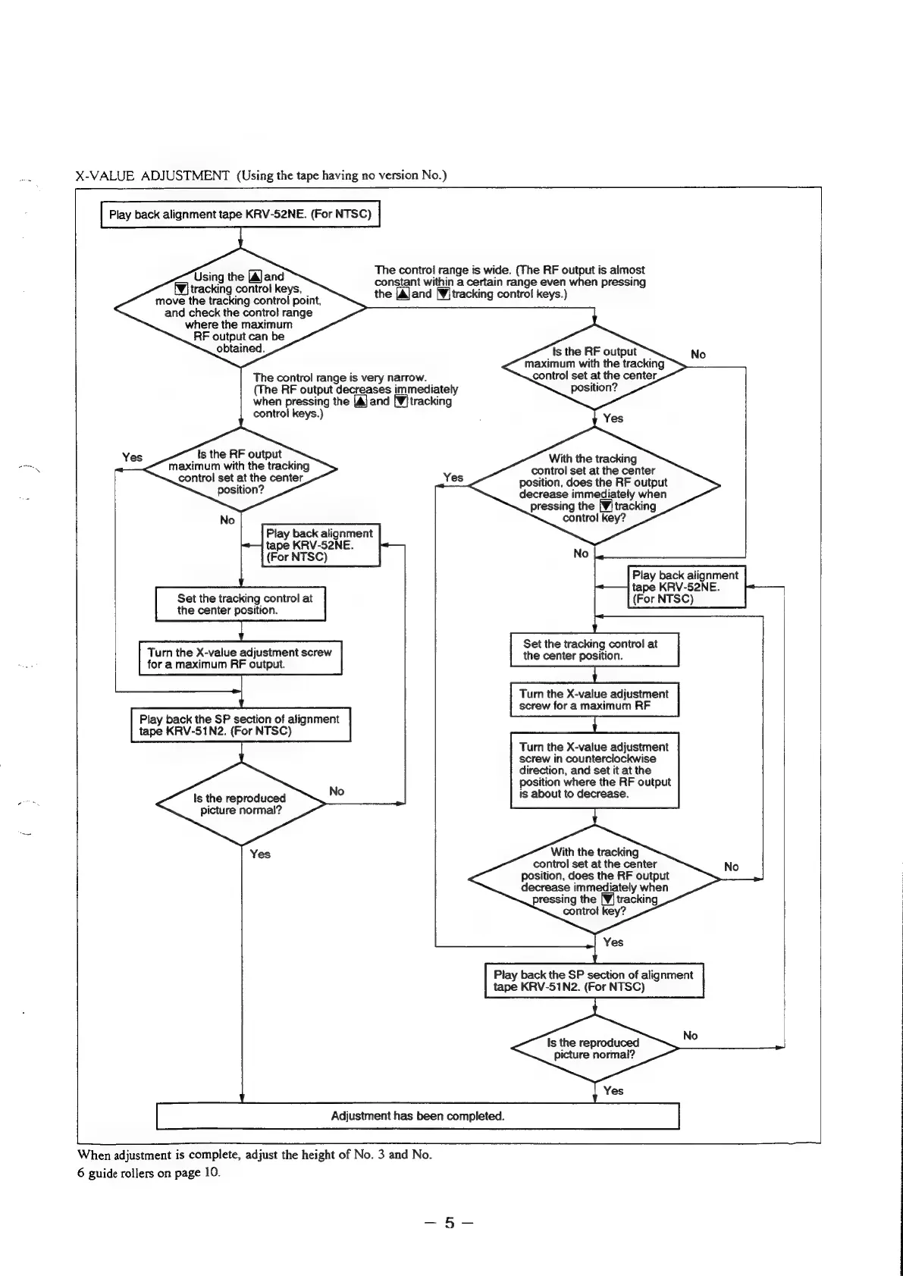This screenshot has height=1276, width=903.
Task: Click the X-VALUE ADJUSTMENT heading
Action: coord(152,176)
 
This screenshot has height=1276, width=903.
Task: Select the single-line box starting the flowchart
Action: coord(240,215)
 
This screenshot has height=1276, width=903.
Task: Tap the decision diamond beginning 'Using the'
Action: coord(240,312)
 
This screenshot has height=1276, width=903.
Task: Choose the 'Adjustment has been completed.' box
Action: coord(417,1116)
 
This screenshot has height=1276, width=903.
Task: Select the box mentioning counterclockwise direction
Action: coord(594,770)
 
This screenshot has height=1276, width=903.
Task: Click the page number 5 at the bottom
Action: coord(450,1222)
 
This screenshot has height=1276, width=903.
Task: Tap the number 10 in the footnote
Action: coord(211,1173)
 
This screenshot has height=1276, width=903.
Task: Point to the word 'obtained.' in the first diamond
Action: coord(240,349)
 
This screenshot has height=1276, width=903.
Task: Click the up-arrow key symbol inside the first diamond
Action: coord(255,277)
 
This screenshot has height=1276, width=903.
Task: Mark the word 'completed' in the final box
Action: coord(475,1116)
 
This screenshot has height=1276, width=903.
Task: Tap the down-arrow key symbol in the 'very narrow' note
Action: coord(401,402)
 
